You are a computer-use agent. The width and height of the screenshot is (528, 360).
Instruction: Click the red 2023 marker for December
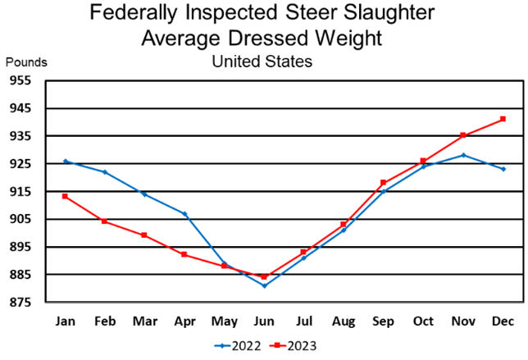click(x=503, y=119)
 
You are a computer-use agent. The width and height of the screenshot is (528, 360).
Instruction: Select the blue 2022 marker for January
click(x=65, y=161)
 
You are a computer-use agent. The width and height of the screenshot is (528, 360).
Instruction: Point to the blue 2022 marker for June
click(x=264, y=285)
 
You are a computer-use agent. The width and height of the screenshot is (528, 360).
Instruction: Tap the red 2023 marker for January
click(x=65, y=196)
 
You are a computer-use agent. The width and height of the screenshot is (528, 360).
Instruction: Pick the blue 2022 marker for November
click(x=463, y=155)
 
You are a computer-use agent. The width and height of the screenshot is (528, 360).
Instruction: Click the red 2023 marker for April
click(x=184, y=254)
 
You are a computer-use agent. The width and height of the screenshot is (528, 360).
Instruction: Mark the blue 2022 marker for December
click(x=503, y=169)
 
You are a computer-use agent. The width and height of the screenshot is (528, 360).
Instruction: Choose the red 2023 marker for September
click(x=384, y=182)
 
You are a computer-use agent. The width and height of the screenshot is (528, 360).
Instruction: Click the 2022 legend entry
click(x=238, y=345)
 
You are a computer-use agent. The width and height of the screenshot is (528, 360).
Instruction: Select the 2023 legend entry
click(x=291, y=345)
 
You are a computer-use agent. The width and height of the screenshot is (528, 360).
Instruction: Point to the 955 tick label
click(x=20, y=80)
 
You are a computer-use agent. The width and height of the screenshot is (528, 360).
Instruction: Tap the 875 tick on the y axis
click(x=20, y=303)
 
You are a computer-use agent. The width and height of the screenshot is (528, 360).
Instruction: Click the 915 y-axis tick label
click(x=20, y=191)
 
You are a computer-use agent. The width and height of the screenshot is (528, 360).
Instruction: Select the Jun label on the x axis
click(x=264, y=320)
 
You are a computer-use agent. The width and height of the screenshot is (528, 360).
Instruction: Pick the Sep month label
click(x=384, y=320)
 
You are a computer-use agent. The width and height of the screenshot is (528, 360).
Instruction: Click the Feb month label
click(x=105, y=320)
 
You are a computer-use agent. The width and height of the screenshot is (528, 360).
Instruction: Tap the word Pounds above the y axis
click(x=27, y=62)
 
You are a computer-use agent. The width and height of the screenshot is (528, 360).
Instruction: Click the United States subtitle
click(x=262, y=60)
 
